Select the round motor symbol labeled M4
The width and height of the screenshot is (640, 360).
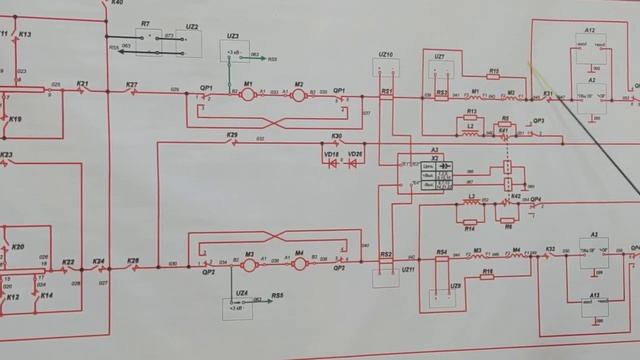[297, 262]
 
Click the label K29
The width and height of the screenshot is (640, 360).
[232, 134]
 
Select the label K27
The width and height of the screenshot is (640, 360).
[131, 84]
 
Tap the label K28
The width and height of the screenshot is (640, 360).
[132, 259]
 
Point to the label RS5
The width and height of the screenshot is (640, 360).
[276, 297]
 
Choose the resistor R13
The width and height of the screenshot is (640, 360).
[471, 112]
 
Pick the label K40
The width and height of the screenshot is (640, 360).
[117, 4]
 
